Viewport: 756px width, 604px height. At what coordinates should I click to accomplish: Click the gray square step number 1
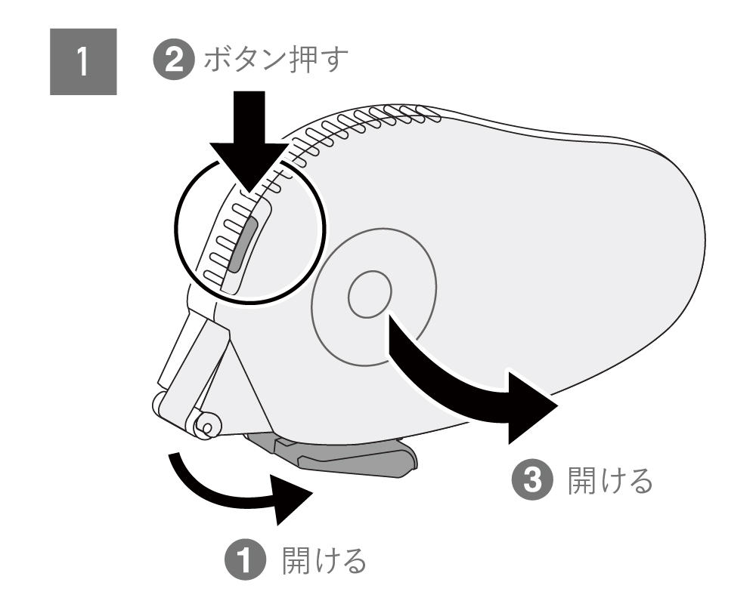coord(83,63)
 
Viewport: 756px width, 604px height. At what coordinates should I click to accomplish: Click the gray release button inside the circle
coord(240,242)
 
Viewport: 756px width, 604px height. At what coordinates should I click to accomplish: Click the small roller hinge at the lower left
coord(204,424)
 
